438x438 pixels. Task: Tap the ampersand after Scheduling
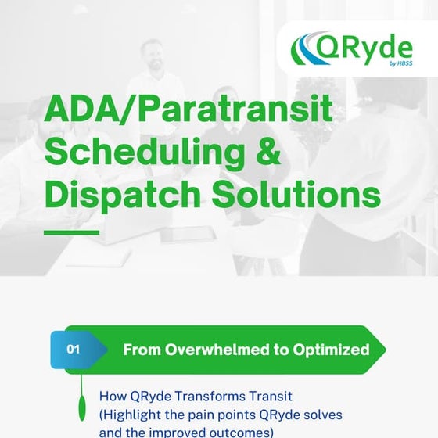click(267, 153)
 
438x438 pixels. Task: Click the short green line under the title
click(71, 232)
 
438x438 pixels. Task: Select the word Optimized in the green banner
click(332, 350)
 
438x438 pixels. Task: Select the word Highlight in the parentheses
click(133, 414)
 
